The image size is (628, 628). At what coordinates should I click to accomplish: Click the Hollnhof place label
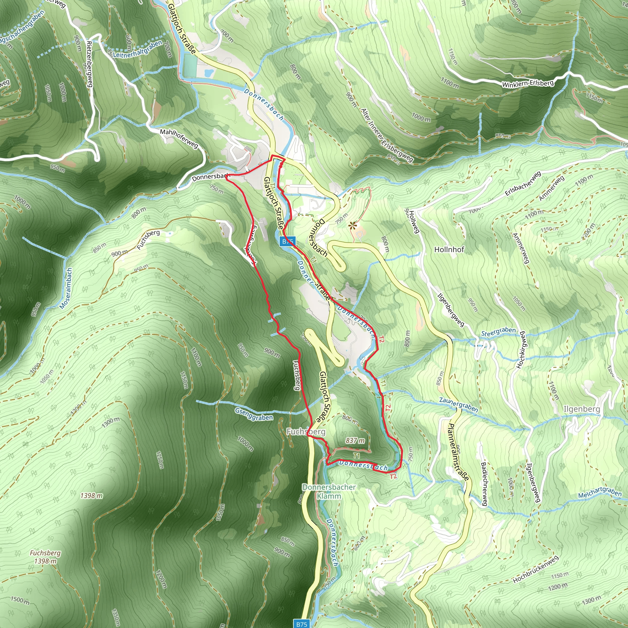pyautogui.click(x=449, y=250)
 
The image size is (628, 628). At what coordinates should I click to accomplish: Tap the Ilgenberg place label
pyautogui.click(x=581, y=409)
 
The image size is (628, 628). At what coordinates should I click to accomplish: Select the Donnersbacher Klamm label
pyautogui.click(x=329, y=492)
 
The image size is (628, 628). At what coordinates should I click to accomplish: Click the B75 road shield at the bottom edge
pyautogui.click(x=302, y=624)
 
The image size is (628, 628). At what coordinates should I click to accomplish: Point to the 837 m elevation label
pyautogui.click(x=355, y=440)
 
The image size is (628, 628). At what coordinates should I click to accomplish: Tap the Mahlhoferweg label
pyautogui.click(x=179, y=139)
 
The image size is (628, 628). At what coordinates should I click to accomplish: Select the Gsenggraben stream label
pyautogui.click(x=254, y=415)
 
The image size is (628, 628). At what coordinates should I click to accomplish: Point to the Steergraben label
pyautogui.click(x=498, y=332)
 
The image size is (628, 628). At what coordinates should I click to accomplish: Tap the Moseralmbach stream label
pyautogui.click(x=66, y=288)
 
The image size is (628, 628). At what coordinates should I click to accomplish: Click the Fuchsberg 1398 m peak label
pyautogui.click(x=45, y=557)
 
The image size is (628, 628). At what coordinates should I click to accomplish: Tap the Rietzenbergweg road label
pyautogui.click(x=90, y=64)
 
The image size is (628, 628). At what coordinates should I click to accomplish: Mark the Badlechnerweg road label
pyautogui.click(x=484, y=484)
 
